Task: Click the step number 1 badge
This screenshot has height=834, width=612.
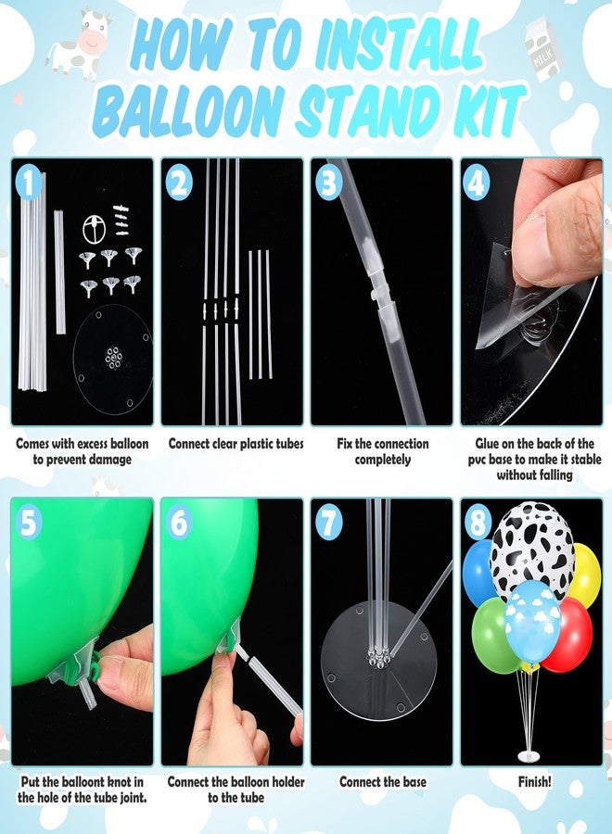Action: tap(29, 183)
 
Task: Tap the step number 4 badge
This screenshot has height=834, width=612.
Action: tap(476, 183)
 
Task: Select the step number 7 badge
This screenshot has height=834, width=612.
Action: tap(329, 523)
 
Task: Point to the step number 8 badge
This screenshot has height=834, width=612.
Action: tap(478, 523)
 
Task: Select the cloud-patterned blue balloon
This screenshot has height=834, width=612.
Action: tap(532, 621)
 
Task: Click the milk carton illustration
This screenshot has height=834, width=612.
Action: tap(542, 52)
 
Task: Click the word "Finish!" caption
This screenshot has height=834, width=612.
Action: tap(535, 781)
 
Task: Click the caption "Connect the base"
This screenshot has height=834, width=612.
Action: tap(383, 781)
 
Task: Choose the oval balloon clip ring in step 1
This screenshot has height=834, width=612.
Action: tap(94, 228)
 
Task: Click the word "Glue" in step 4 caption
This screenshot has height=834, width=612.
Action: tap(487, 443)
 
